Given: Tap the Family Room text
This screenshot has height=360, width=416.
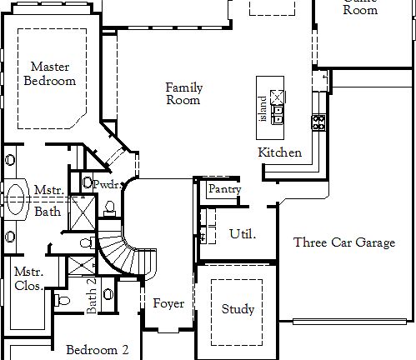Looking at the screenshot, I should tap(183, 93).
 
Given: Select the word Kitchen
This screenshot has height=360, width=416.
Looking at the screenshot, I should tap(278, 152).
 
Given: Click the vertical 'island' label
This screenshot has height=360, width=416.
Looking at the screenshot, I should tap(263, 107).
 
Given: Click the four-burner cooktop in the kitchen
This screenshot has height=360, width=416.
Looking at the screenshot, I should tap(318, 122).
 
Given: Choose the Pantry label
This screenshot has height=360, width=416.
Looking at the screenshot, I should tap(224, 189).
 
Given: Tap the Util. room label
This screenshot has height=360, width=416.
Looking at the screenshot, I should tap(242, 233).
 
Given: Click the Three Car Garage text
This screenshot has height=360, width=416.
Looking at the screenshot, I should tap(343, 242).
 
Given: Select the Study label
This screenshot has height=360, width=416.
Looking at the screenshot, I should tap(238, 309).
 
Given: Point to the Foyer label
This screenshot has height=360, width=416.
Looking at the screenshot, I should tap(168, 303).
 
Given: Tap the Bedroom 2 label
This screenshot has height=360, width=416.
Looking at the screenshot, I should tap(98, 350).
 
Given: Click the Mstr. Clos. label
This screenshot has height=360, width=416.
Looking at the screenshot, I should tap(29, 278).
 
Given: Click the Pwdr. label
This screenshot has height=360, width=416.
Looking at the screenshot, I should tap(107, 183).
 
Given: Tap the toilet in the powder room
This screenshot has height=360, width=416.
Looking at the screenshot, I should tap(111, 207).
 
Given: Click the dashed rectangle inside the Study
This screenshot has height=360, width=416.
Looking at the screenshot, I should tap(238, 308).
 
